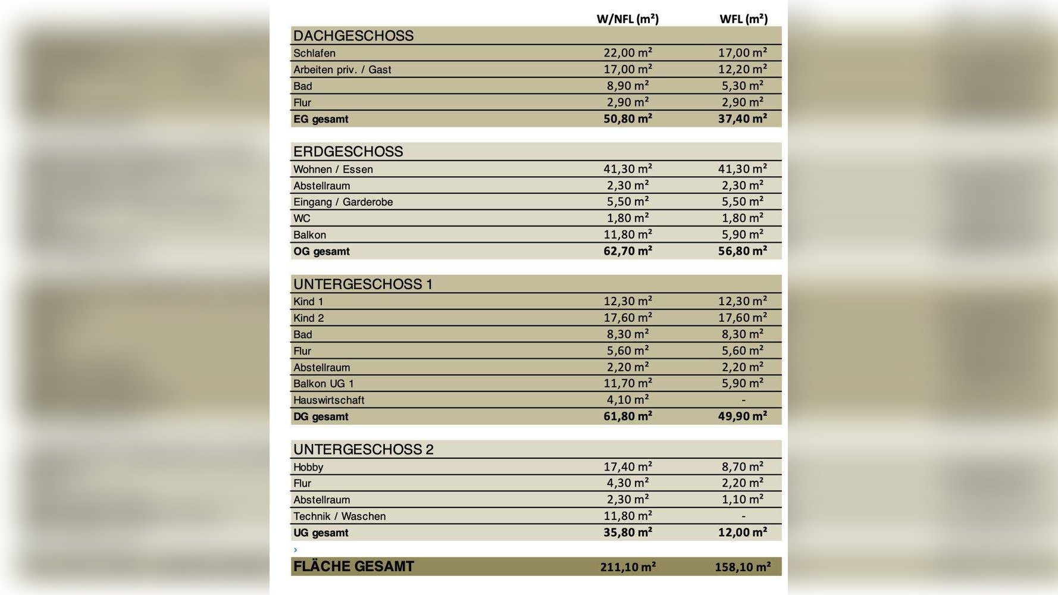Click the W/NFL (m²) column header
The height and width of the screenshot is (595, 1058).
click(x=627, y=18)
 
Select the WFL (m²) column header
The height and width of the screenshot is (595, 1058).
click(x=743, y=18)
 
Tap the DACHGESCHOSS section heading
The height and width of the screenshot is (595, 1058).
click(x=353, y=36)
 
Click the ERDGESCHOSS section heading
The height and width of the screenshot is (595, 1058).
click(x=348, y=152)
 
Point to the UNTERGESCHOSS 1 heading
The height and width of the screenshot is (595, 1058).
click(x=363, y=284)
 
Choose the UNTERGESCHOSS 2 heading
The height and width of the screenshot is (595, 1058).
click(x=364, y=449)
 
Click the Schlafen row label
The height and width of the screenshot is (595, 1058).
click(x=314, y=53)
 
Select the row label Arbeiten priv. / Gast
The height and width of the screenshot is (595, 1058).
click(x=342, y=70)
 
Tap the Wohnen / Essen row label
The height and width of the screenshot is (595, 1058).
click(x=333, y=169)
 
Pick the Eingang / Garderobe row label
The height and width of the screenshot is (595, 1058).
click(x=343, y=202)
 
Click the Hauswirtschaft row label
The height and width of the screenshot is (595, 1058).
click(x=328, y=400)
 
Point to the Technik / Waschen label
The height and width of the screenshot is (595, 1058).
click(x=339, y=516)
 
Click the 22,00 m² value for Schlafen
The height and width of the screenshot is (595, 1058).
click(x=628, y=53)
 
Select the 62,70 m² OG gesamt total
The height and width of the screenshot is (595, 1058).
click(x=628, y=251)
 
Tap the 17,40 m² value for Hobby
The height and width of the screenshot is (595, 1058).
click(x=628, y=467)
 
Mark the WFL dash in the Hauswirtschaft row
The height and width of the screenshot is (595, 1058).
click(x=743, y=400)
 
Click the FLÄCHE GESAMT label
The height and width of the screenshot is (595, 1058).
click(x=353, y=566)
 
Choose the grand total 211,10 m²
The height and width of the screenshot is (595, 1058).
click(x=628, y=567)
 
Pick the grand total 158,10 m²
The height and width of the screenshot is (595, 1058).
click(x=743, y=567)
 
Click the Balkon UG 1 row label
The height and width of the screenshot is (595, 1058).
click(x=324, y=384)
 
